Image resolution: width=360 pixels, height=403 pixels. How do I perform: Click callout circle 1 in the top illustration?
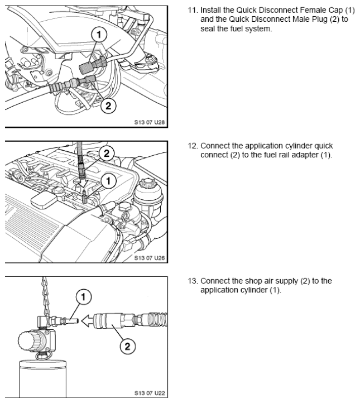(99, 35)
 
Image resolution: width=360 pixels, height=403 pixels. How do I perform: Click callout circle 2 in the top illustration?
(108, 105)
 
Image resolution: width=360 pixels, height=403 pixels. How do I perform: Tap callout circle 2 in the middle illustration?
(107, 153)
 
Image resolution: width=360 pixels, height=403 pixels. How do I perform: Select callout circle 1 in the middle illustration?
(108, 181)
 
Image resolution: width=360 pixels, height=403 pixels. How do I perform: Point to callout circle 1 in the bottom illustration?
(83, 297)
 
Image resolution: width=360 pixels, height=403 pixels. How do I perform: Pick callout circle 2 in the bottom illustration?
(128, 346)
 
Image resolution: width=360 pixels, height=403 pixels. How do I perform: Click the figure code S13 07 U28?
(149, 122)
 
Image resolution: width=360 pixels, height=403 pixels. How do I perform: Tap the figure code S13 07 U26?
(149, 258)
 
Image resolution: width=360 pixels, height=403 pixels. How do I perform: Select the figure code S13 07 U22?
(149, 393)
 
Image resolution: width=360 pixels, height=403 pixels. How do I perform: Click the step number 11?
(193, 10)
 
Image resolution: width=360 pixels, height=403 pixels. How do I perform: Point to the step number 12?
(193, 146)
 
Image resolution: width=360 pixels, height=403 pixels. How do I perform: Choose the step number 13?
(193, 281)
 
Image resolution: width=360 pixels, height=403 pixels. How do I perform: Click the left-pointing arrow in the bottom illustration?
(88, 320)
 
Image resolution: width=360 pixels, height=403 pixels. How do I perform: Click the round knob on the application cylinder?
(29, 341)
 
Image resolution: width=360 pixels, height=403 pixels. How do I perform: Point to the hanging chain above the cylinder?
(45, 296)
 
